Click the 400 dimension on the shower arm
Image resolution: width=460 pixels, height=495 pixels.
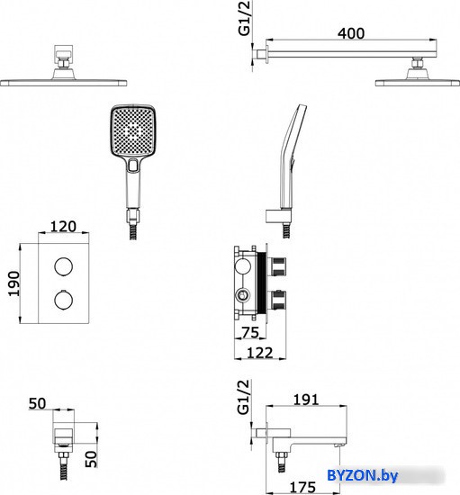click(351, 33)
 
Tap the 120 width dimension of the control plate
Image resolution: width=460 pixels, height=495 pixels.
click(63, 227)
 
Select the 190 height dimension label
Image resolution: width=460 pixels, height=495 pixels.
click(14, 283)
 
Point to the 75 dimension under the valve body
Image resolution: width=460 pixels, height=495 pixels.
click(250, 332)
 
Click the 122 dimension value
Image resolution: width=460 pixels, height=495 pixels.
click(259, 353)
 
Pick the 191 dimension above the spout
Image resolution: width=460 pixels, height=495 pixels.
click(306, 400)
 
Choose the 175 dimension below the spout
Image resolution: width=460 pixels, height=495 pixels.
click(302, 488)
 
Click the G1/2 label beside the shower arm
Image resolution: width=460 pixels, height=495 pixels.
click(244, 18)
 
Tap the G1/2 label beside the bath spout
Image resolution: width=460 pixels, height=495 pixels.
click(243, 397)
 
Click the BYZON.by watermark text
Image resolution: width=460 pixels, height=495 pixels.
click(362, 475)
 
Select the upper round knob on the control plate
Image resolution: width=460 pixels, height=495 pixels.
click(63, 266)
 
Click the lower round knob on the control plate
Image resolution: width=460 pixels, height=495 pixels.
click(63, 300)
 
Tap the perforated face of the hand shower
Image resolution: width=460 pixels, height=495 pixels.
click(133, 130)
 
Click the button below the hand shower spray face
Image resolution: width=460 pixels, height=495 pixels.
click(133, 165)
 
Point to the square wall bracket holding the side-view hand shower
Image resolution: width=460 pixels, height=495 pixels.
click(278, 217)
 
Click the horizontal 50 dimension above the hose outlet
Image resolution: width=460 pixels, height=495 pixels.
click(37, 404)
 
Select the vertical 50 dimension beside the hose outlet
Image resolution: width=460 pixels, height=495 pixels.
click(91, 459)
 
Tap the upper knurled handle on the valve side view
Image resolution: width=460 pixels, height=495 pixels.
click(277, 266)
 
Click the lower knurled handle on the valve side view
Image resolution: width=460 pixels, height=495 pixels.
click(277, 300)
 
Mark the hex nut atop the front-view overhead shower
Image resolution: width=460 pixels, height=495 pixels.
click(64, 64)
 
